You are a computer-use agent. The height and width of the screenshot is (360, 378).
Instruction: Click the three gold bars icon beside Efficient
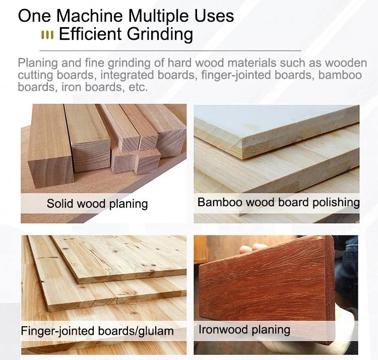47,35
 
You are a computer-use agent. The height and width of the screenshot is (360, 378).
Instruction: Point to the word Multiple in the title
154,16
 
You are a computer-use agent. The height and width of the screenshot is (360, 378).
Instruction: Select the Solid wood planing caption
97,204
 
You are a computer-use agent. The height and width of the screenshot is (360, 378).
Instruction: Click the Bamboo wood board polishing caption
278,202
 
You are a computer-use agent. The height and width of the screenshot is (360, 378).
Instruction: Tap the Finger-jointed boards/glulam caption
97,331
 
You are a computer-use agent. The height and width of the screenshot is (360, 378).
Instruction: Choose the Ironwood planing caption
244,330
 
